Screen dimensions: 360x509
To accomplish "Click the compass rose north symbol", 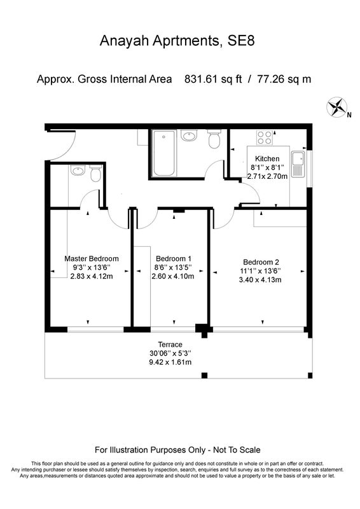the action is pos(337,106).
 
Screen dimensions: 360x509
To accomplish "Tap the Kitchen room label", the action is pos(267,158).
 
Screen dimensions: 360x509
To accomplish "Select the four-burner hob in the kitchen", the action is pos(265,137).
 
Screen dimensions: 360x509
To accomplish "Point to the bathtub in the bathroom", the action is pos(164,153).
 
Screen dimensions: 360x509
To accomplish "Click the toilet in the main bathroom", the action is pos(214,139).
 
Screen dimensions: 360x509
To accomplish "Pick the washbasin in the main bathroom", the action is pos(189,135).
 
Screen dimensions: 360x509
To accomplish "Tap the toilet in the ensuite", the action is pos(96,173).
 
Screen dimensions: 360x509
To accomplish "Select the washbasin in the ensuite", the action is pos(78,170).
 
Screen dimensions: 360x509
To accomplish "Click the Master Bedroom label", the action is pos(92,259).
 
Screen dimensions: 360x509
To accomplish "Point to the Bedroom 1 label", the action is pos(174,259).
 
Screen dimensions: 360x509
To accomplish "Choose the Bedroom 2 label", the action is pos(261,262).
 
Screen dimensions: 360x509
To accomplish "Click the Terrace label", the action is pos(170,344).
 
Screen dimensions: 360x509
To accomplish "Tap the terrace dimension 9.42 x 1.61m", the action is pos(170,362).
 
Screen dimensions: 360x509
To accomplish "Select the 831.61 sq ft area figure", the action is pos(213,79).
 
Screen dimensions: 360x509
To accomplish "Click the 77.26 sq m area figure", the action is pos(284,79).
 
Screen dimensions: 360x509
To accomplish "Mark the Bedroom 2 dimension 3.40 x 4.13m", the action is pos(260,279).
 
